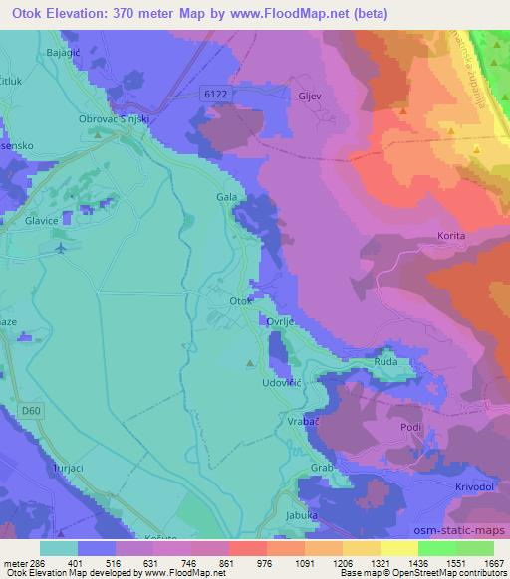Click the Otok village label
[x=239, y=300]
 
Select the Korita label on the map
[x=451, y=236]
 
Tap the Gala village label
[x=226, y=197]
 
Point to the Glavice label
[x=44, y=223]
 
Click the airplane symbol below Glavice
[x=64, y=247]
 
